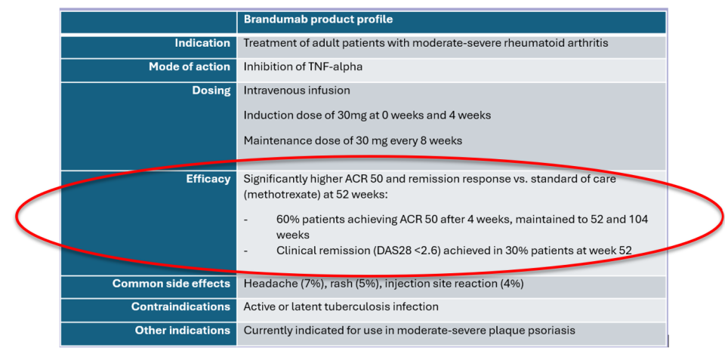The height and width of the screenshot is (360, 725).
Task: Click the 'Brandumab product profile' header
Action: pos(318,20)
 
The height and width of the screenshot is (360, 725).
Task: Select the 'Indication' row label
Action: pos(202,43)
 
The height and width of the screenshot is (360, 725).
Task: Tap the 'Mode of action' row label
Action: pos(189,66)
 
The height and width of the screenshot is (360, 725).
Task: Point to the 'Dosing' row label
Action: pos(211,91)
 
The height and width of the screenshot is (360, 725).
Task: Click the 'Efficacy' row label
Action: pos(208,179)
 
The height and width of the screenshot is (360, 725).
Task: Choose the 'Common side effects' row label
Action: pos(171,283)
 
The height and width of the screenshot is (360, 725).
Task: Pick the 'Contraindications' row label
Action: pos(180,307)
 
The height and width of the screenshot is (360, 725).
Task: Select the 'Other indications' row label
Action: pos(182,331)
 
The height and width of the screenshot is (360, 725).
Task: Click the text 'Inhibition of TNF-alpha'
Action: pos(303,67)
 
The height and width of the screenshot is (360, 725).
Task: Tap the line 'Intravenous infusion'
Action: pos(297,91)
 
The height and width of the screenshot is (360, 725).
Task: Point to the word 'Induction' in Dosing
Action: pos(266,115)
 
